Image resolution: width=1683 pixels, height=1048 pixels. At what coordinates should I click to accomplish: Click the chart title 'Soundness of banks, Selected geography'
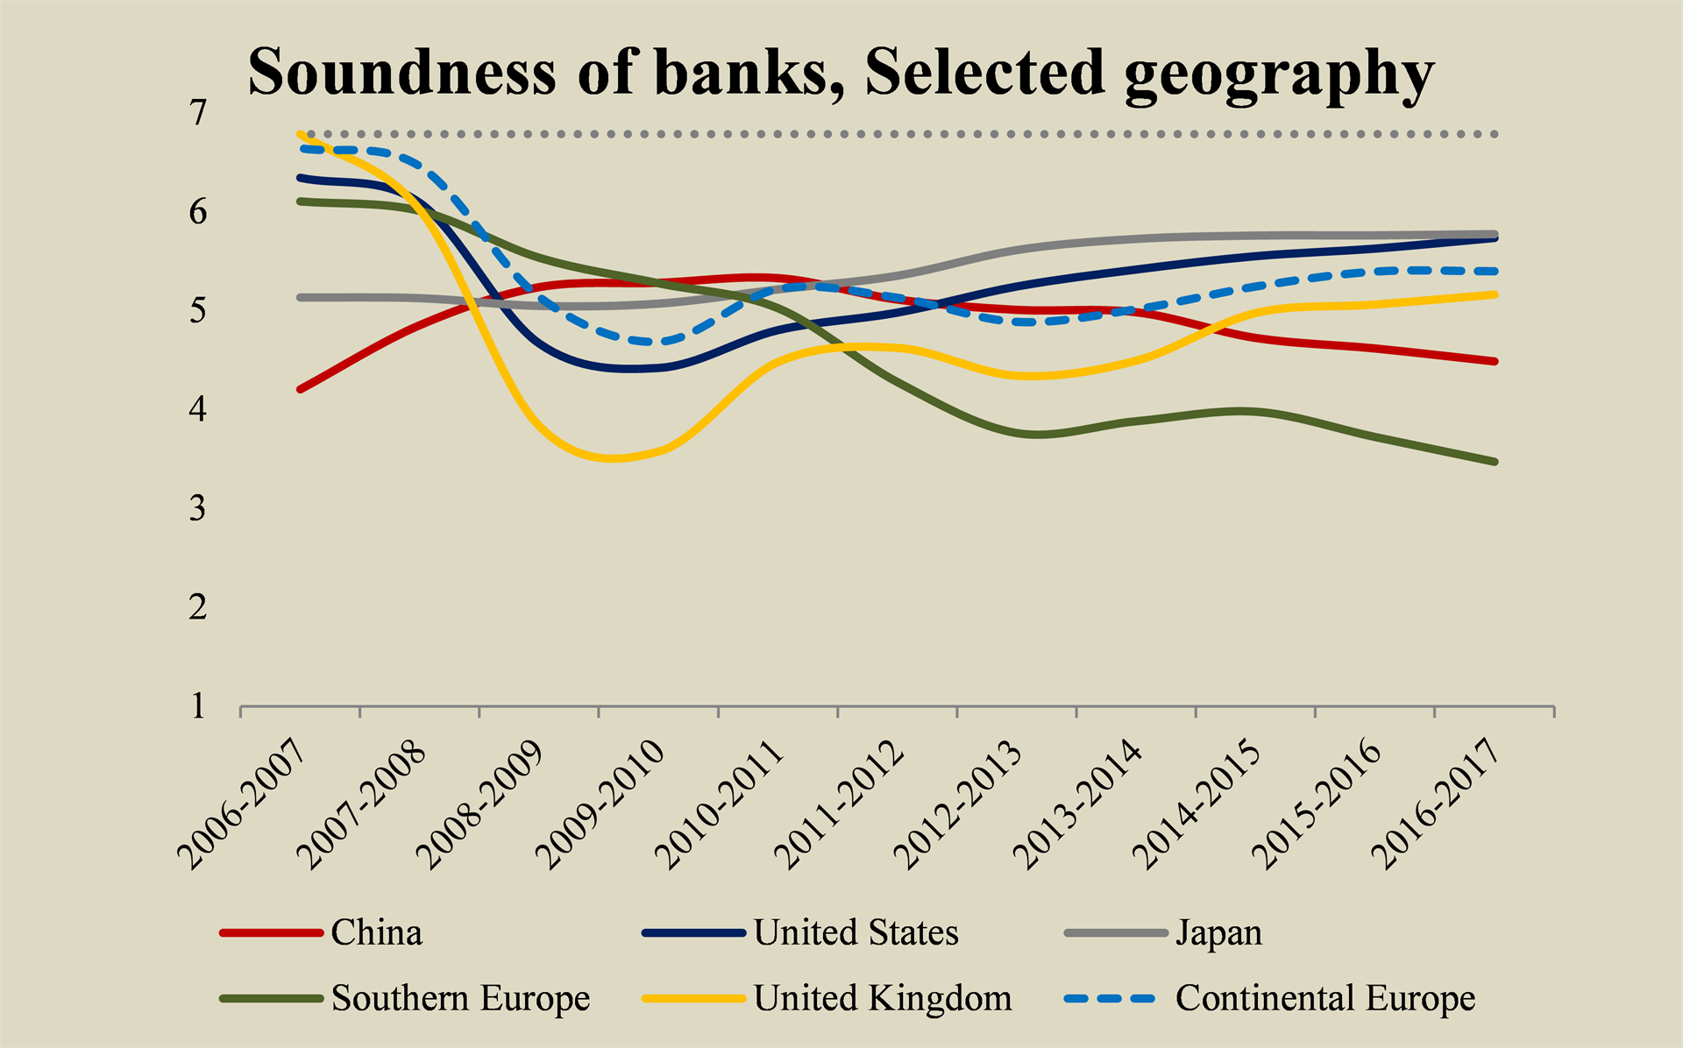point(840,72)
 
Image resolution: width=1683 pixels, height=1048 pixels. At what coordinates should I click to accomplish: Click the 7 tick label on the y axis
point(198,112)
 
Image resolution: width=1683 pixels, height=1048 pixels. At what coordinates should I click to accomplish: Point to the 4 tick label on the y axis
point(198,409)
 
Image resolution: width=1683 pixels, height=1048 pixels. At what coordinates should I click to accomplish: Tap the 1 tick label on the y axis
point(198,706)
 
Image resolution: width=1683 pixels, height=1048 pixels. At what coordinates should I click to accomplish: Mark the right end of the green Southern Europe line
point(1495,462)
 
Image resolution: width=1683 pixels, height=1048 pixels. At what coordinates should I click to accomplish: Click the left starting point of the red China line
point(300,389)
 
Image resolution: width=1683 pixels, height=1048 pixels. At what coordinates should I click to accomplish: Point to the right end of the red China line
point(1495,361)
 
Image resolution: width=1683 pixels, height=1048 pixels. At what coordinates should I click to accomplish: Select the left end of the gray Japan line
point(300,298)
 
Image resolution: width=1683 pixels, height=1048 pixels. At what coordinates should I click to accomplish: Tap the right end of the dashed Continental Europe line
point(1495,272)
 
